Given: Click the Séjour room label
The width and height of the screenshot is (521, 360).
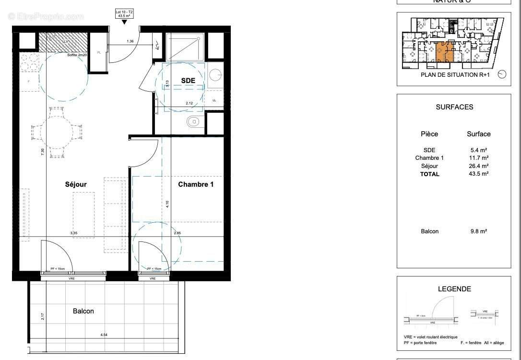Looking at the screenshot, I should (76, 184).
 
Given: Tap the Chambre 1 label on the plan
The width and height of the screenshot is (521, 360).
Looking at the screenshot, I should (196, 184).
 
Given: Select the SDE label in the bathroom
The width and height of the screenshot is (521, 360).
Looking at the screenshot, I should (188, 81).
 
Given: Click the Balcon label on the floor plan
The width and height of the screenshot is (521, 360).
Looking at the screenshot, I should (83, 311).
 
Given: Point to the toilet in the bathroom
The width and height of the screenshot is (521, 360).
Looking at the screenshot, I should (193, 121).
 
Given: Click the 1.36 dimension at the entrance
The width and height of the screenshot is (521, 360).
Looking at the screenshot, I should (130, 42).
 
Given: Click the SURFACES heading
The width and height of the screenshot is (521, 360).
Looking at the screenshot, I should (454, 107).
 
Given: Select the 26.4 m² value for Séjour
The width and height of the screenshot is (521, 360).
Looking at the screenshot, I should (478, 166).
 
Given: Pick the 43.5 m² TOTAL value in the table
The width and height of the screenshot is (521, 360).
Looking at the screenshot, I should (478, 174).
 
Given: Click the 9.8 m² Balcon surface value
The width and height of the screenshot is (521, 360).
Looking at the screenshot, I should (478, 231).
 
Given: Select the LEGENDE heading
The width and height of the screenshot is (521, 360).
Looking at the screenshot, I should (454, 289).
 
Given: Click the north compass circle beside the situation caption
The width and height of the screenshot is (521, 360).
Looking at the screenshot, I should (502, 74).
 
